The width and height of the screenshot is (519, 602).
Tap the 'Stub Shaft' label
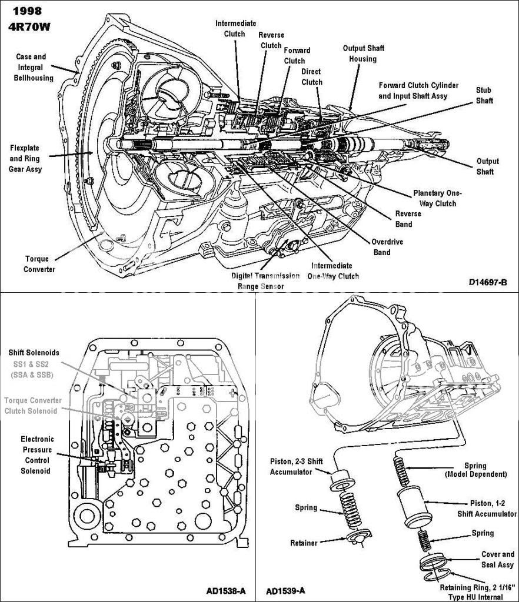[x=484, y=96]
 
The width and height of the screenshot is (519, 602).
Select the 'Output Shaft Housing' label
[x=360, y=53]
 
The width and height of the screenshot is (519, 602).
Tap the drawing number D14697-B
[x=488, y=282]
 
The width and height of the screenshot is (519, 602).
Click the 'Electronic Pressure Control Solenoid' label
[x=38, y=455]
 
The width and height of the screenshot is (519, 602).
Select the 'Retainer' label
[x=304, y=543]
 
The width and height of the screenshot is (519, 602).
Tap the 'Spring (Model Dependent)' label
[x=484, y=469]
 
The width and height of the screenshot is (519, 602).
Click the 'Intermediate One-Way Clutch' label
[x=333, y=271]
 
